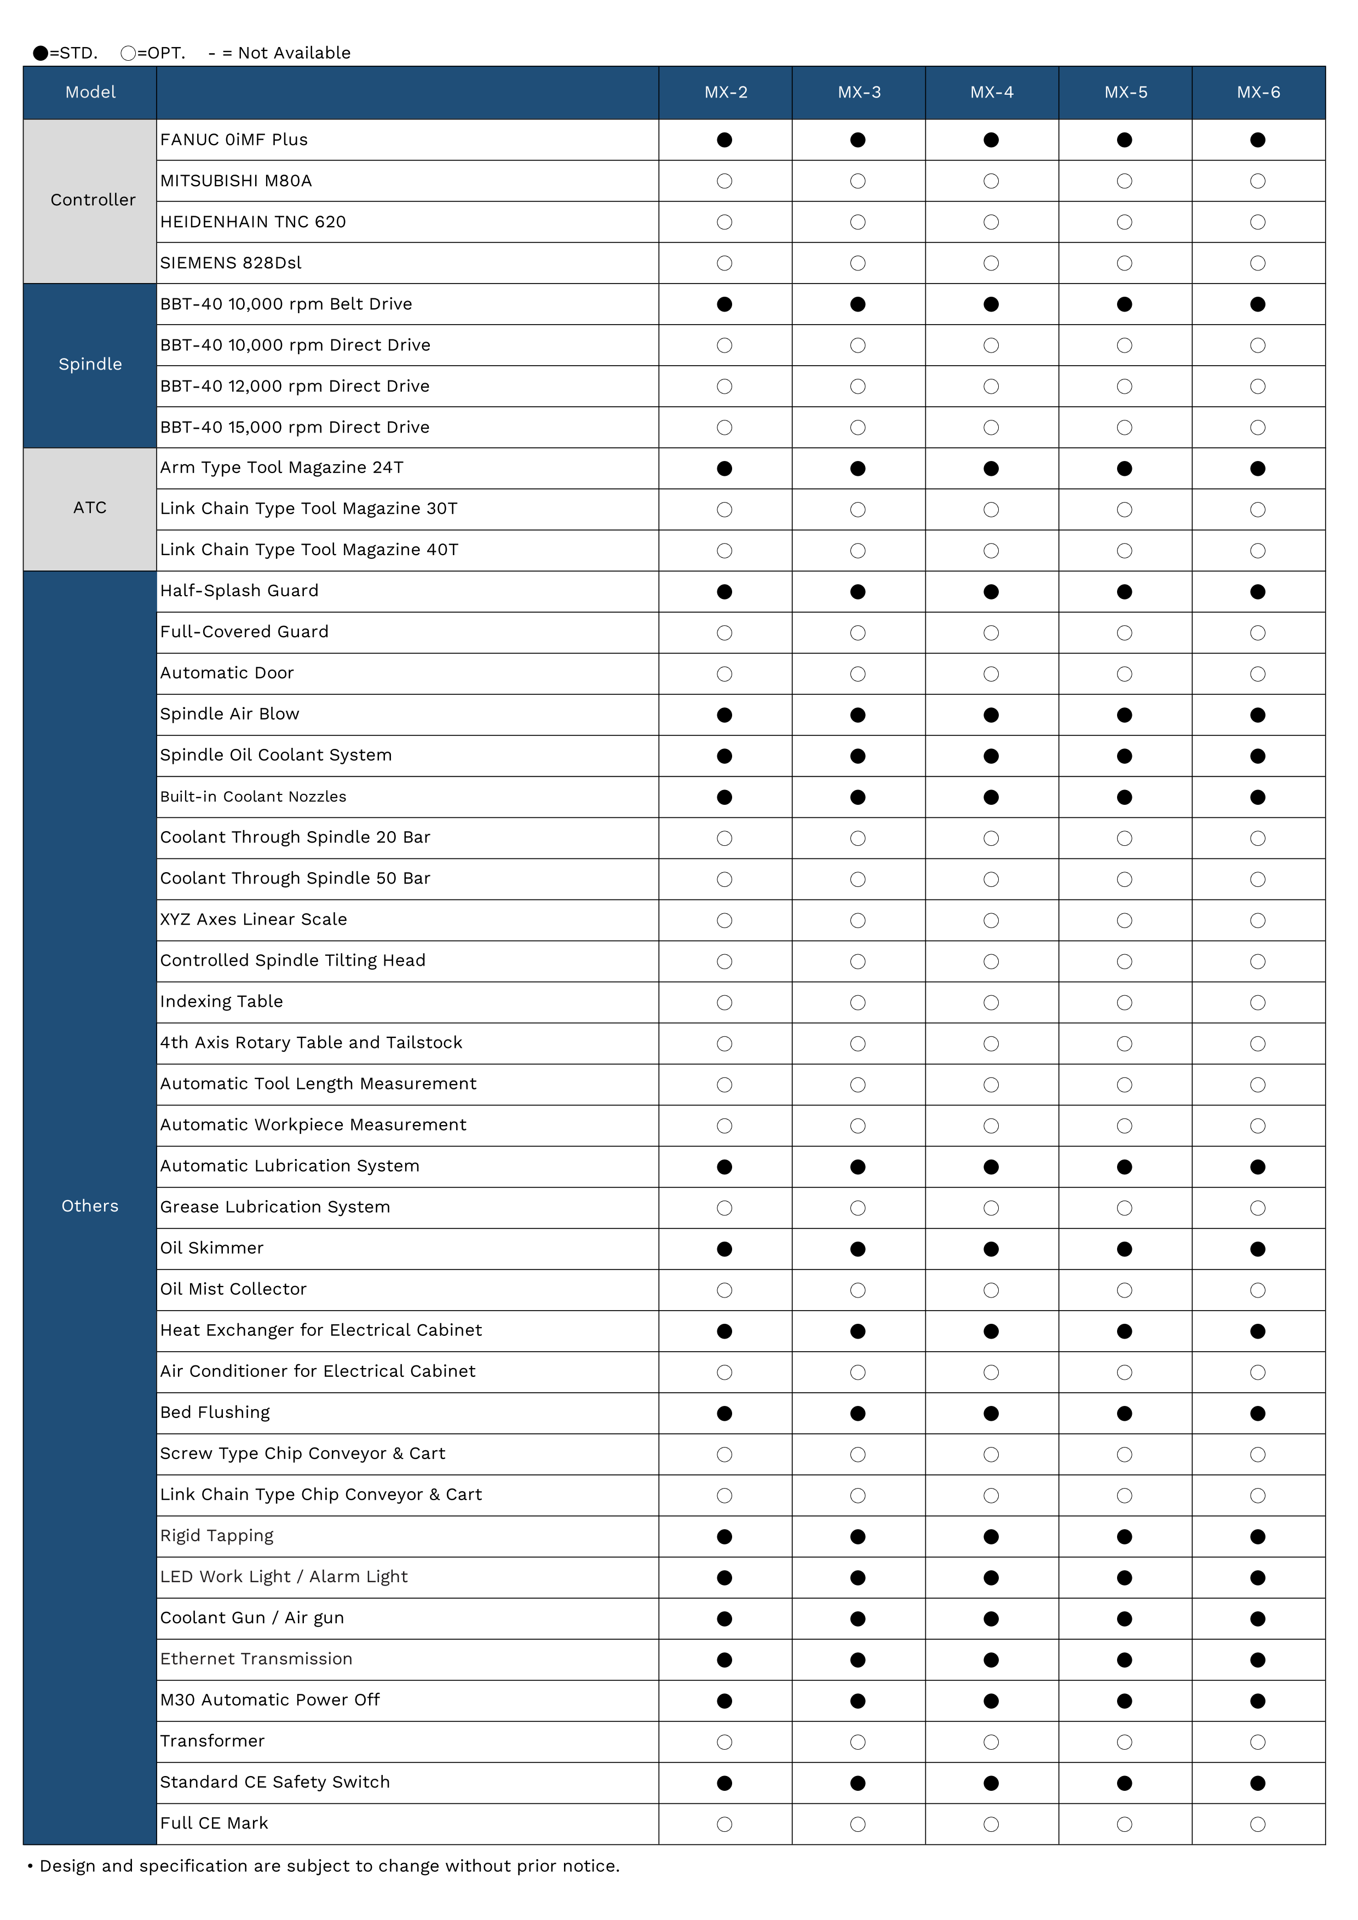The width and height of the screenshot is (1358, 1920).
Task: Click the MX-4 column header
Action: pos(992,92)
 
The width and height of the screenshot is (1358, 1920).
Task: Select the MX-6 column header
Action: pos(1258,92)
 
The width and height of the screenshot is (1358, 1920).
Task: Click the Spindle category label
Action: pos(90,364)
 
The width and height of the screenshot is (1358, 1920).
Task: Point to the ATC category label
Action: pos(90,508)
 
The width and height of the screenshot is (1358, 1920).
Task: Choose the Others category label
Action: pos(90,1206)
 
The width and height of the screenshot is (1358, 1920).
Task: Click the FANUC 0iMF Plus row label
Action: pos(234,140)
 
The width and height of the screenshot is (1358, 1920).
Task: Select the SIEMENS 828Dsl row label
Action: pos(231,263)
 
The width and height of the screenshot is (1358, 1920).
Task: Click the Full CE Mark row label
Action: pos(214,1823)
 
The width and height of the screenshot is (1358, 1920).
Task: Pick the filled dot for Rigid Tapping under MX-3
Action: pos(858,1537)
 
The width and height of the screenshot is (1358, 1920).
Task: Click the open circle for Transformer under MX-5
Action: pos(1125,1742)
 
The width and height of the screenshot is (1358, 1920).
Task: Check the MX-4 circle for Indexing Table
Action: pos(992,1002)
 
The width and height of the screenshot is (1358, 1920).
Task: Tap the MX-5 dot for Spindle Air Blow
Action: pos(1125,715)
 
